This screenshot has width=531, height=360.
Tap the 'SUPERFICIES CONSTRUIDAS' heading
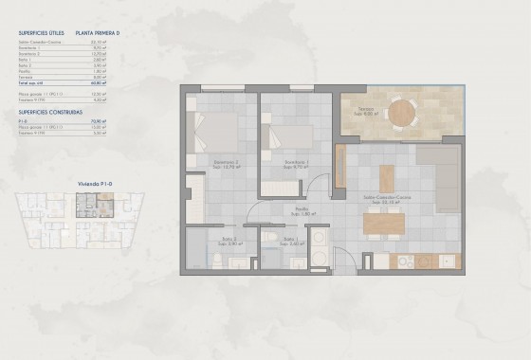[48, 112]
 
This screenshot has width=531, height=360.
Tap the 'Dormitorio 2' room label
[226, 163]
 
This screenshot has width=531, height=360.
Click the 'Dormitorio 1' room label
[297, 163]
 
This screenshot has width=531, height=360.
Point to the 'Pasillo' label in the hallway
[301, 210]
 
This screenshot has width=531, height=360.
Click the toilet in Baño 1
[270, 237]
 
